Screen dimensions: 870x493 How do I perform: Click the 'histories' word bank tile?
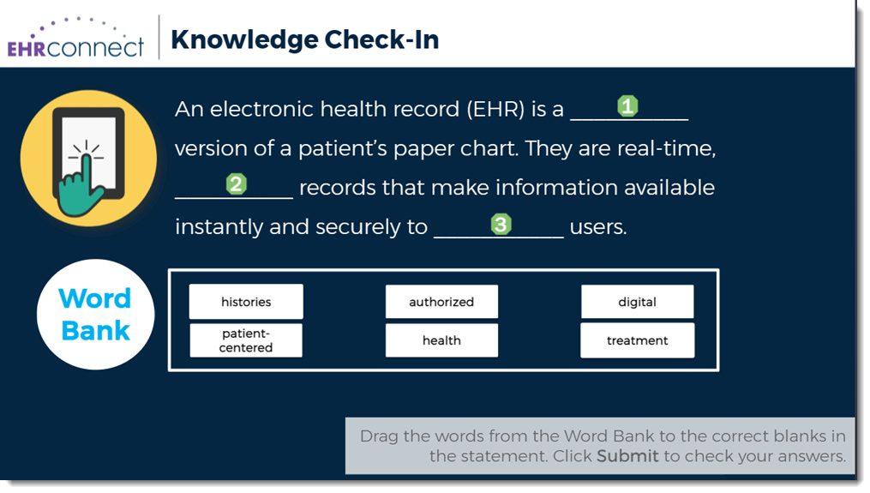click(246, 302)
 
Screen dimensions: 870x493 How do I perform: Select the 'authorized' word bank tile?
click(441, 302)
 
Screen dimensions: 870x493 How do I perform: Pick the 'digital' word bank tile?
click(638, 302)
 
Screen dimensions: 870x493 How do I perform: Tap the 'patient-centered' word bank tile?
click(246, 340)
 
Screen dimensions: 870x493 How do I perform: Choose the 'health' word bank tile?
click(441, 340)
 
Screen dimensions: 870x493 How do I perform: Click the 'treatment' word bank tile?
click(638, 340)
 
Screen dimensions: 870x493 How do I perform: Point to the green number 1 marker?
click(627, 105)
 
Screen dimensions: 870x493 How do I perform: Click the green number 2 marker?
click(237, 183)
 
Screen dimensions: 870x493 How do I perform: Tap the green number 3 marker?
click(501, 224)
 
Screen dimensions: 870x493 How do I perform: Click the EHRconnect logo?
click(75, 39)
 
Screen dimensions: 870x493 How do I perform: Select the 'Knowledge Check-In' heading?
click(304, 39)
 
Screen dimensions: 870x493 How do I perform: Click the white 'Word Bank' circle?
click(95, 314)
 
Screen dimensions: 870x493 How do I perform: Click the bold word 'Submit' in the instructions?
click(627, 456)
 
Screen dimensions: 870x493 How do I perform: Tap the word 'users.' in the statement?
click(598, 226)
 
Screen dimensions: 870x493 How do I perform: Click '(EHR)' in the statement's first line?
click(495, 109)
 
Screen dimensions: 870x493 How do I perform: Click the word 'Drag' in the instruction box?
click(379, 436)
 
